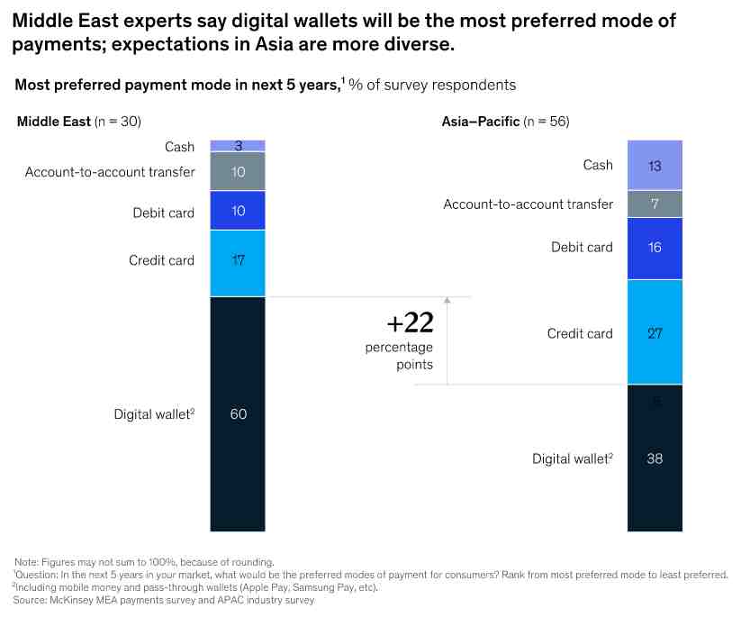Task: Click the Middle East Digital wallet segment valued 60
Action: point(238,413)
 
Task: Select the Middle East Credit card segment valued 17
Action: point(238,261)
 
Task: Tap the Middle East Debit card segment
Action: point(238,211)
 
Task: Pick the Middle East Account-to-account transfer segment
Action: point(238,171)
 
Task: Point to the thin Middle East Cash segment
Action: point(238,145)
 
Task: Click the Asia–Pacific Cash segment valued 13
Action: point(655,165)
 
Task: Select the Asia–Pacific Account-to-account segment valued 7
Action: point(655,204)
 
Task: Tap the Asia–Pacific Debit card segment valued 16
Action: point(655,248)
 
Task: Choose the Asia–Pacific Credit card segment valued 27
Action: point(655,333)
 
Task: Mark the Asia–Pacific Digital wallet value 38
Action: point(655,458)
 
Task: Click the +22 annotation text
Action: point(409,323)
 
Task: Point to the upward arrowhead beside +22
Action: point(447,302)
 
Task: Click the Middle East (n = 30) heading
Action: point(78,122)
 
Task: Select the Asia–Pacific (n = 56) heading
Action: point(505,122)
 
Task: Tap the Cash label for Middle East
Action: point(179,147)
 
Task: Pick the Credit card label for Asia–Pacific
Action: point(580,334)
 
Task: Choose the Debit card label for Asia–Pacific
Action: point(582,248)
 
